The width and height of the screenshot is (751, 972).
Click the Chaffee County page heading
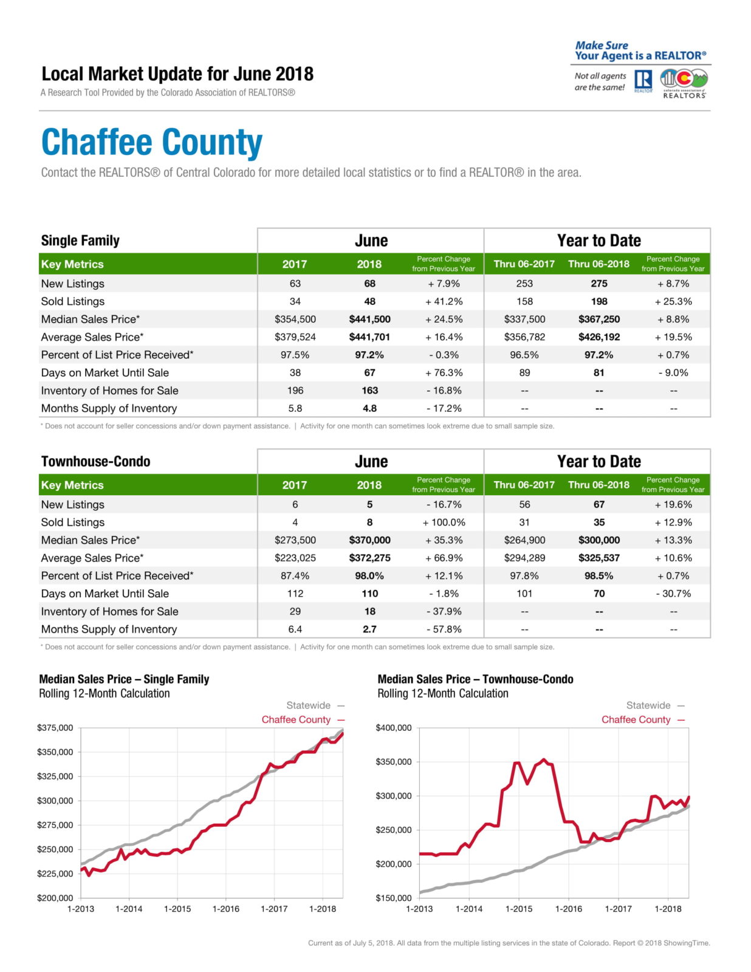click(x=151, y=143)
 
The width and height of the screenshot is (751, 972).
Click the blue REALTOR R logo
click(x=643, y=80)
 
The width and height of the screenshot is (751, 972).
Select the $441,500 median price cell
click(x=369, y=319)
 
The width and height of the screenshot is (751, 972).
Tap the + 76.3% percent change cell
click(x=444, y=372)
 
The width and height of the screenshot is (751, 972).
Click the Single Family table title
click(x=80, y=241)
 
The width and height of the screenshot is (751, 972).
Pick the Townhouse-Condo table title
click(x=95, y=462)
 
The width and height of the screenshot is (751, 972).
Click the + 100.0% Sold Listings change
click(x=444, y=522)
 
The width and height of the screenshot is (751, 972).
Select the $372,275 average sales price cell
click(x=369, y=558)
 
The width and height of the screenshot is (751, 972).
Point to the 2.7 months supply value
click(x=369, y=629)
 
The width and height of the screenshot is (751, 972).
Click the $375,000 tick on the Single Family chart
click(x=55, y=728)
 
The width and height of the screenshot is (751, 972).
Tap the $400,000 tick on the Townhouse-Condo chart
click(x=394, y=728)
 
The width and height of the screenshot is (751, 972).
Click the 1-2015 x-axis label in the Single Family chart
click(x=177, y=909)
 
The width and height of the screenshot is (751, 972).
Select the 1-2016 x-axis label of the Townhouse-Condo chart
click(x=568, y=909)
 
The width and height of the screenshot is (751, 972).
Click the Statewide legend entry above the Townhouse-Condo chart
click(x=648, y=705)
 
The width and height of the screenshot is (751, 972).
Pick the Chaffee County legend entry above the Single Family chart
click(x=297, y=719)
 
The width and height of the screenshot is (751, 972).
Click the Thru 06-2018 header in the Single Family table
click(x=598, y=264)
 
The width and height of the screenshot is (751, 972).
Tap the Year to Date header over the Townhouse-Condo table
click(x=598, y=462)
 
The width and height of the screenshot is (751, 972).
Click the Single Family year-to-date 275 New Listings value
click(x=598, y=284)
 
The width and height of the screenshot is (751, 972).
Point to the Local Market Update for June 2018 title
click(x=177, y=74)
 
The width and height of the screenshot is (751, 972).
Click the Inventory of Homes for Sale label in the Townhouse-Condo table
click(x=109, y=612)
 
